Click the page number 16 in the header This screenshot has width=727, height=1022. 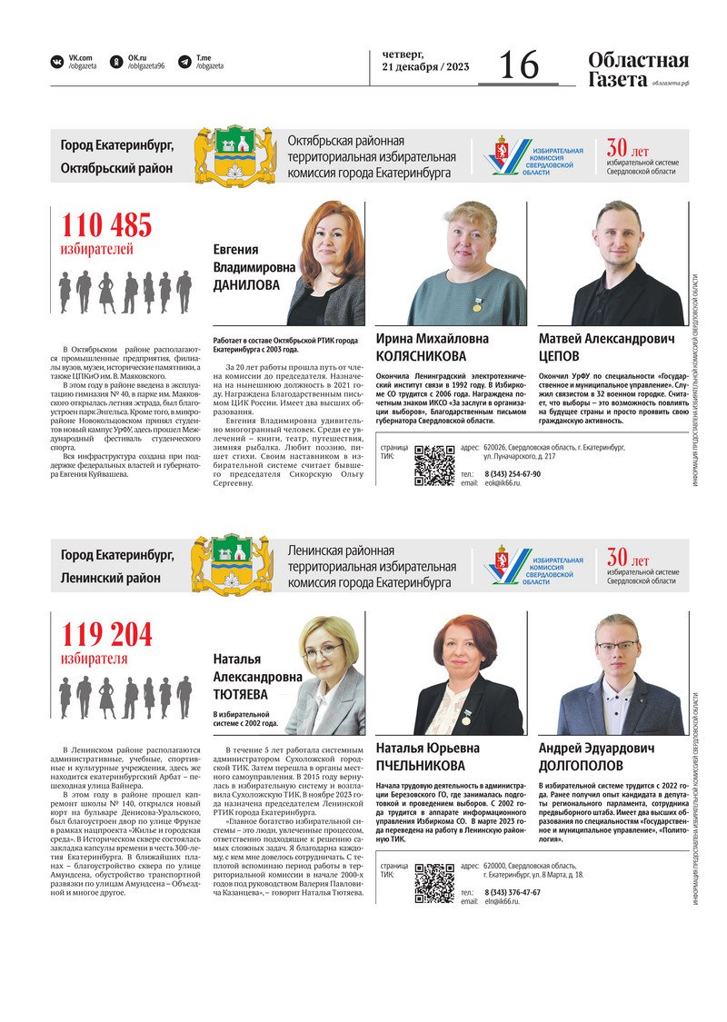tap(519, 64)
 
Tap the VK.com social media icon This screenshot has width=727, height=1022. tap(57, 62)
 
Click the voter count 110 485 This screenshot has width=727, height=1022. tap(106, 225)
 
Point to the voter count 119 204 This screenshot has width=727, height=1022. tap(106, 634)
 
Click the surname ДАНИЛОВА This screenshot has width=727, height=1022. tap(246, 285)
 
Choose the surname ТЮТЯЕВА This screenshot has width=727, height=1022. tap(241, 694)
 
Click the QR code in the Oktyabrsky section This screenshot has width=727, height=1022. tap(434, 464)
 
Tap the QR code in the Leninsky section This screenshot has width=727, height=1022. tap(434, 881)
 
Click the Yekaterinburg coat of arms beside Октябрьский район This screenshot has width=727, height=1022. tap(234, 155)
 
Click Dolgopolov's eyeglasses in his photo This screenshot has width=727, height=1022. tap(617, 647)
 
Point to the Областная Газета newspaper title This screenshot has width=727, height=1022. tap(638, 70)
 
